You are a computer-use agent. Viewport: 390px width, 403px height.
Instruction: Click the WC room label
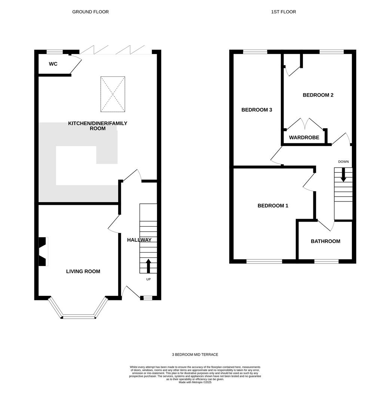point(53,64)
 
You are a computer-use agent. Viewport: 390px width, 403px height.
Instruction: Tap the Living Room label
point(83,271)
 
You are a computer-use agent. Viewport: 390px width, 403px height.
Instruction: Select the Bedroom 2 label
point(318,95)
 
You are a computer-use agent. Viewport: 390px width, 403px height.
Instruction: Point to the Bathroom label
point(325,241)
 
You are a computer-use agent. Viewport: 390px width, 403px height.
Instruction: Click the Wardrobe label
point(304,137)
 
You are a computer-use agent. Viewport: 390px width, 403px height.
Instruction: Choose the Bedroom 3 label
point(257,110)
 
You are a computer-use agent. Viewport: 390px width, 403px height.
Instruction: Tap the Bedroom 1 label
point(273,206)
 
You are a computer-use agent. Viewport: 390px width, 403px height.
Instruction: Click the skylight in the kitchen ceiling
point(113,94)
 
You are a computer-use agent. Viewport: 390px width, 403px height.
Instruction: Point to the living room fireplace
point(43,252)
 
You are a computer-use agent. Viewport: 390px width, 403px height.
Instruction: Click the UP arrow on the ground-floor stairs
point(148,266)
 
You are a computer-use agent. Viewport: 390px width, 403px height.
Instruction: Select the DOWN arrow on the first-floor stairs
point(343,175)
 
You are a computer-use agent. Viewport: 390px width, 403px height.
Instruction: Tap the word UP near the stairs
point(148,279)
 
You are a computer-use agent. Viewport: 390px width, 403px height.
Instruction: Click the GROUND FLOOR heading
point(90,12)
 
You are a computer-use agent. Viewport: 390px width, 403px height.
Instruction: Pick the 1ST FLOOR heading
point(283,12)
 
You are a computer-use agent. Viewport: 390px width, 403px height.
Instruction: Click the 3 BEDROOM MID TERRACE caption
point(195,355)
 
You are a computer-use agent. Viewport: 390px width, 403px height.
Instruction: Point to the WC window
point(55,52)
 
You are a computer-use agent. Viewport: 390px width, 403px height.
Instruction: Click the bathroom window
point(326,261)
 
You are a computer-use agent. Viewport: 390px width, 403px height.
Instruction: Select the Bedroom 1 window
point(264,261)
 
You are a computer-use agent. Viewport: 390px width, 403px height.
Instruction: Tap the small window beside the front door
point(148,298)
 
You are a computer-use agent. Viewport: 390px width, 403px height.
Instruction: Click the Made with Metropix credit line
point(195,382)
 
